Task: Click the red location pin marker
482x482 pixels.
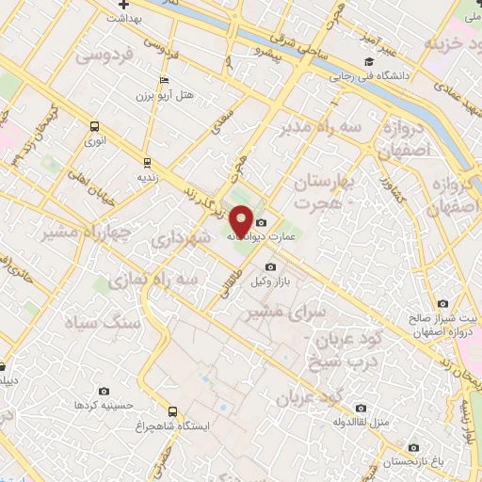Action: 241,218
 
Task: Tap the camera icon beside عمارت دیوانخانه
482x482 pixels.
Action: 262,222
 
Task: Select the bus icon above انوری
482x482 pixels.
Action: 93,127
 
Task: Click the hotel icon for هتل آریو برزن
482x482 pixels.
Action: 164,80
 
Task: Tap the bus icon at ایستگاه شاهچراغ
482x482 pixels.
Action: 172,411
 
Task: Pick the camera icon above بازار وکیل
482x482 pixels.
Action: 270,266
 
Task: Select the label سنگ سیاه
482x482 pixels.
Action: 102,321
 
